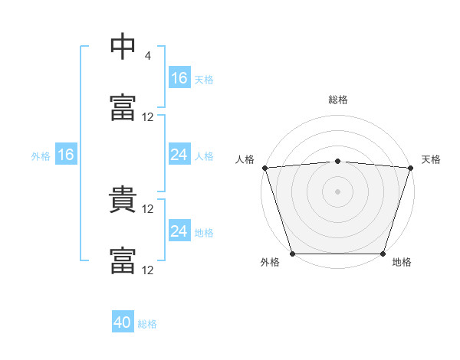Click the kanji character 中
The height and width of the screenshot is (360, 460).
coord(123,47)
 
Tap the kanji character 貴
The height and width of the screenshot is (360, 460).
coord(123,201)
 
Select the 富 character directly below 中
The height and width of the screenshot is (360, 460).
coord(123,108)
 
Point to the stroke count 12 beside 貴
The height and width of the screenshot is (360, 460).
coord(148,209)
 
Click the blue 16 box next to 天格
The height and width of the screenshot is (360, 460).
coord(179,78)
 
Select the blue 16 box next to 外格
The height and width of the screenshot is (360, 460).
coord(66,155)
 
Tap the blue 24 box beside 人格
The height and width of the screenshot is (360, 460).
coord(179,155)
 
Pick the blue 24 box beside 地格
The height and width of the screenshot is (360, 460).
coord(179,231)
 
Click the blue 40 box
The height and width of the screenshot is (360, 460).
coord(123,322)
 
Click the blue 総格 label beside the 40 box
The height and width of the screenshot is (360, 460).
coord(147,324)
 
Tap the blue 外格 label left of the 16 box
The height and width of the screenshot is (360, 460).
coord(41,156)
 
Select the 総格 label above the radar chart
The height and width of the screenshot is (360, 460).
coord(338,100)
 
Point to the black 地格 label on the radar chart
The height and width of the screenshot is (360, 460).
coord(402,263)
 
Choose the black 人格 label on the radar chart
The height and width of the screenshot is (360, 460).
coord(245,159)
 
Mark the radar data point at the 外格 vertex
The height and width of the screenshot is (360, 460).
coord(292,254)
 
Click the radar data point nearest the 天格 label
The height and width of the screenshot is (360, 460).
coord(411,167)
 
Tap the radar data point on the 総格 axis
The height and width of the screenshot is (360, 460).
coord(338,161)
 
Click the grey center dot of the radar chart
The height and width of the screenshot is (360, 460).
coord(338,191)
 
